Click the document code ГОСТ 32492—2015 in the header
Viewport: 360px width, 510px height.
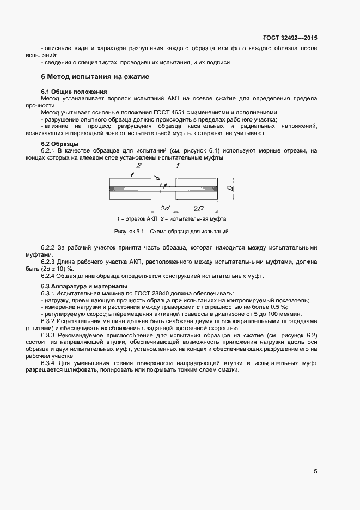pyautogui.click(x=291, y=38)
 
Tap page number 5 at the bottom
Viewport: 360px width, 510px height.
pyautogui.click(x=315, y=472)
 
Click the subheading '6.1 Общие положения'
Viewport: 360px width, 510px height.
pyautogui.click(x=74, y=91)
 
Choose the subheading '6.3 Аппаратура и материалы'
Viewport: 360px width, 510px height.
pyautogui.click(x=84, y=286)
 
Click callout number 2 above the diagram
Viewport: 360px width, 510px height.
pyautogui.click(x=138, y=166)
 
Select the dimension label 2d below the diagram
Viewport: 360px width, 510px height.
pyautogui.click(x=166, y=208)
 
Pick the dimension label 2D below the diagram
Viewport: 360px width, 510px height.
pyautogui.click(x=198, y=208)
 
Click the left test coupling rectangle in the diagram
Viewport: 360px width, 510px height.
pyautogui.click(x=130, y=189)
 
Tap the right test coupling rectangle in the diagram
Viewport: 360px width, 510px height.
pyautogui.click(x=197, y=189)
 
